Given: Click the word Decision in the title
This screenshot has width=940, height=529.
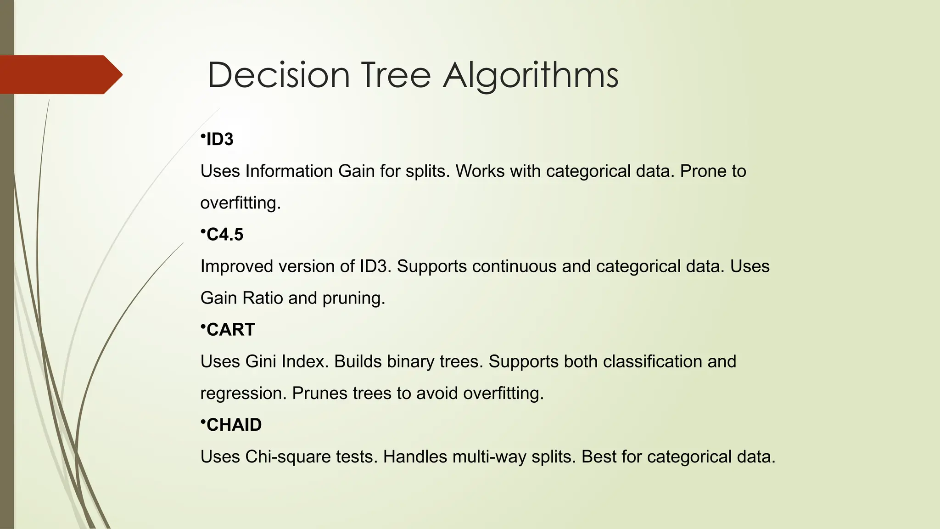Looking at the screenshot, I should point(279,75).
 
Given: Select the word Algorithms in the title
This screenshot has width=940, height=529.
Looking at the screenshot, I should point(531,75).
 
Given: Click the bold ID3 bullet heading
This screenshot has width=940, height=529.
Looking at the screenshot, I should point(220,139).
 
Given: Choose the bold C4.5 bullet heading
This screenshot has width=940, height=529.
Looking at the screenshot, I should point(225,235).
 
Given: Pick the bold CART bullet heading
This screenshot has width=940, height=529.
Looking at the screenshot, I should point(230,330).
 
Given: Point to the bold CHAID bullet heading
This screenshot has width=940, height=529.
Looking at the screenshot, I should point(234,425).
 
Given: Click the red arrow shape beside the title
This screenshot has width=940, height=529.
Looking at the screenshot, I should point(60,74).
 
